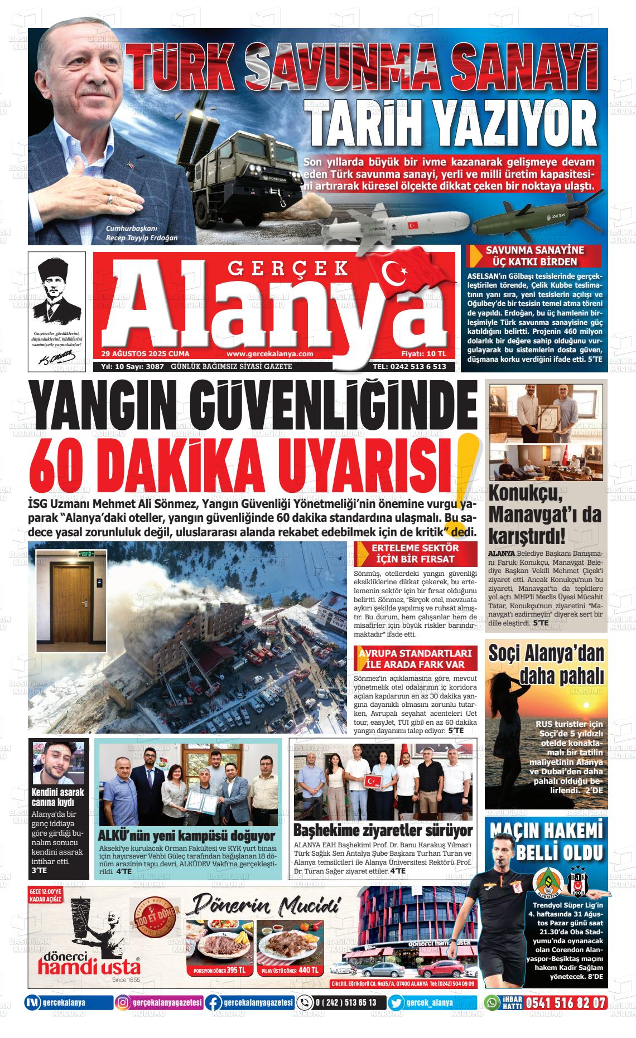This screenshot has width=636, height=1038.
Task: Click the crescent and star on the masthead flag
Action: click(392, 271)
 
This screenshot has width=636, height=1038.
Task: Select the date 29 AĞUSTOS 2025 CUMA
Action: click(145, 354)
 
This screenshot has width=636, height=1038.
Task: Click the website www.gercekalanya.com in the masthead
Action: click(270, 354)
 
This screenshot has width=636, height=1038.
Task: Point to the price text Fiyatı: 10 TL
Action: click(423, 354)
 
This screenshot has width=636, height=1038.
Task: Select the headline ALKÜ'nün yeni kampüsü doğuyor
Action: click(186, 836)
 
